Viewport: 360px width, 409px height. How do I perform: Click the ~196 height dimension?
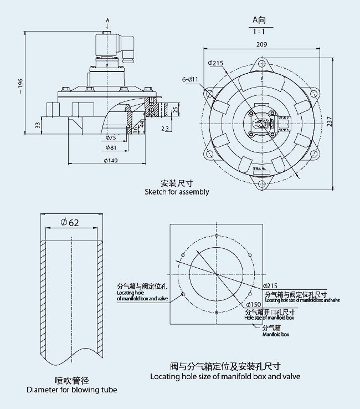point(21,83)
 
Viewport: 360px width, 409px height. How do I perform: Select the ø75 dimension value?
point(111,137)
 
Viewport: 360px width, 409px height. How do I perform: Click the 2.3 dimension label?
point(166,129)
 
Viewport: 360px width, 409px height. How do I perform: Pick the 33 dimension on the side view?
point(37,124)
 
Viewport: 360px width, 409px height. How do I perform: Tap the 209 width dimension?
point(262,44)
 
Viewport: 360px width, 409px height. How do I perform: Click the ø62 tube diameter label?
point(70,223)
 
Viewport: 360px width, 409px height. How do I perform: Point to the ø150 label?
point(254,304)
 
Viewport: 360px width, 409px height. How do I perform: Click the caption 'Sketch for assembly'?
point(177,192)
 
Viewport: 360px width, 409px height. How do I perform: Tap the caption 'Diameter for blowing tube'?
point(72,390)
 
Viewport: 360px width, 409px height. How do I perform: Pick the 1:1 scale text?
point(259,31)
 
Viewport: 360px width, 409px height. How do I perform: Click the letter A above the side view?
point(107,20)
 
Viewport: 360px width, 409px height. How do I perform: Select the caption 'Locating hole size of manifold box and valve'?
point(225,376)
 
